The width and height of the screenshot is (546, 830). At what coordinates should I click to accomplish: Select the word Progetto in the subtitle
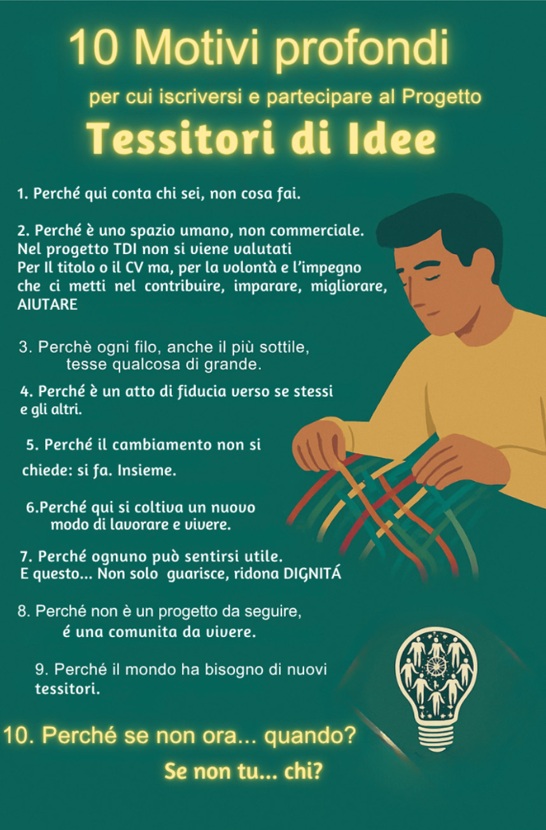442,97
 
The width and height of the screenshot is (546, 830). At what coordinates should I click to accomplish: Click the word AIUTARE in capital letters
48,305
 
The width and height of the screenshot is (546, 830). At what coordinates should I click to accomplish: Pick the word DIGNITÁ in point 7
312,573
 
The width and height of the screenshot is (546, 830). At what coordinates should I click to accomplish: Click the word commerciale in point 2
317,230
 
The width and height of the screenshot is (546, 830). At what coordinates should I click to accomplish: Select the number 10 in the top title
93,48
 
